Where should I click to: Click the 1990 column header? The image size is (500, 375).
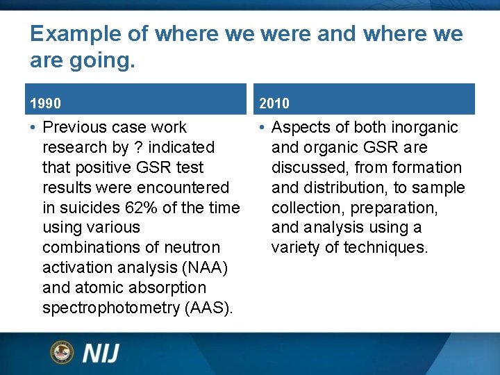click(x=45, y=103)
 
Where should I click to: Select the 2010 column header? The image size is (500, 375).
click(x=274, y=103)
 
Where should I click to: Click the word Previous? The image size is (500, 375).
click(x=74, y=127)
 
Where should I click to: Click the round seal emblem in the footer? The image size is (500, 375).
click(x=62, y=352)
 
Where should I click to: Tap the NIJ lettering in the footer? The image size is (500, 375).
click(x=101, y=353)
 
